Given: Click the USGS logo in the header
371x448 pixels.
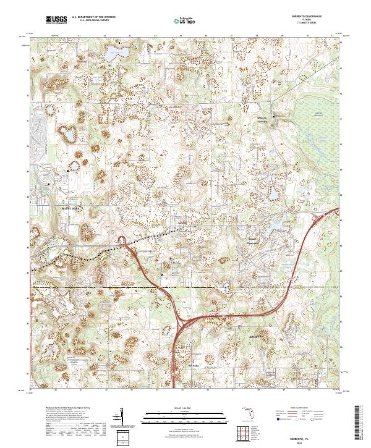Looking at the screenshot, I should pyautogui.click(x=56, y=20).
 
